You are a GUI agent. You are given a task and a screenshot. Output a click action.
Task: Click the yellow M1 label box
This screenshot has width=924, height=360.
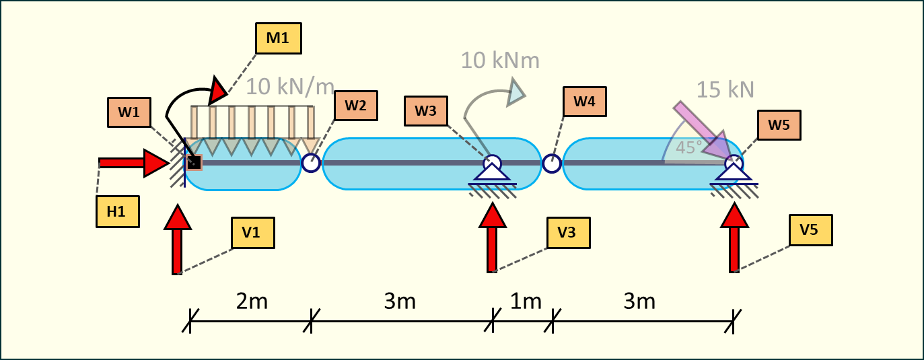click(278, 38)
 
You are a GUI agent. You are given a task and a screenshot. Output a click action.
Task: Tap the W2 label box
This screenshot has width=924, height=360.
click(355, 105)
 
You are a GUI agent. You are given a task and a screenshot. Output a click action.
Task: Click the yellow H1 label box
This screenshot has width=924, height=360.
click(117, 211)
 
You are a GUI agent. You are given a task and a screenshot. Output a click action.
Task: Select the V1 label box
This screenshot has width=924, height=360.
click(252, 232)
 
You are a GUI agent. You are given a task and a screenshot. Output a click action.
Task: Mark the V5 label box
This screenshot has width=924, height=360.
click(810, 230)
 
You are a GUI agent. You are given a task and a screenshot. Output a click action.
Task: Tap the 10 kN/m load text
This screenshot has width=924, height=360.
click(290, 87)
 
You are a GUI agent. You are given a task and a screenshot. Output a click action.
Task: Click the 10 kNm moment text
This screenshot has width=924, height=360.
click(500, 61)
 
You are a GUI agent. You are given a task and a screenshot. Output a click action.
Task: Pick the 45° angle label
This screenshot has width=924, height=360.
click(689, 147)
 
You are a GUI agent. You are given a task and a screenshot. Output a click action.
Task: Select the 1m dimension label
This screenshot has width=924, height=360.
click(525, 301)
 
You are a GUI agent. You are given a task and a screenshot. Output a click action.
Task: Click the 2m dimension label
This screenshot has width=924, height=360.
click(251, 301)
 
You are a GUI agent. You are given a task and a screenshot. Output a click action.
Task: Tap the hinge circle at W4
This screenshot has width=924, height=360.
click(551, 163)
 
